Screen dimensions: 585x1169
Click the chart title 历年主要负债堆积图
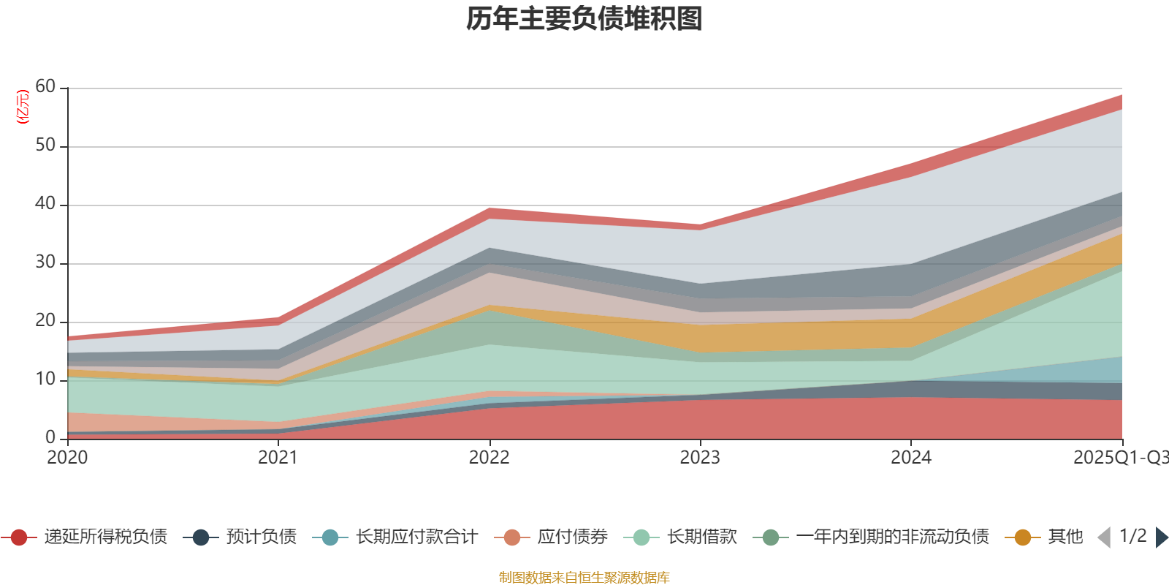pyautogui.click(x=584, y=19)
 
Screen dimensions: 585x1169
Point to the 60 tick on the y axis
pyautogui.click(x=45, y=87)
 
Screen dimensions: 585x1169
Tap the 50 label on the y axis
pyautogui.click(x=45, y=146)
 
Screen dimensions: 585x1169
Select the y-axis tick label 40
pyautogui.click(x=45, y=204)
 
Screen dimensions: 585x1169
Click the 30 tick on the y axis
pyautogui.click(x=45, y=263)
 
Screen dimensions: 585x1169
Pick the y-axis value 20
pyautogui.click(x=45, y=321)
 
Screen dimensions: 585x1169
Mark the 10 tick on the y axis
pyautogui.click(x=45, y=380)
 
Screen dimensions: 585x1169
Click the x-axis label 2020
pyautogui.click(x=67, y=458)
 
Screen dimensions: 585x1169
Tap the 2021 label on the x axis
pyautogui.click(x=278, y=458)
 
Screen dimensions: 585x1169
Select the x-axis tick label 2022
pyautogui.click(x=489, y=458)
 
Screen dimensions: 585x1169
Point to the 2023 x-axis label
pyautogui.click(x=700, y=458)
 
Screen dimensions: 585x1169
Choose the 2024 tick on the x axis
pyautogui.click(x=910, y=458)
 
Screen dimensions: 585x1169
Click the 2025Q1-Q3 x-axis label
pyautogui.click(x=1119, y=458)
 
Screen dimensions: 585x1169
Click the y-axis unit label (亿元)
pyautogui.click(x=23, y=107)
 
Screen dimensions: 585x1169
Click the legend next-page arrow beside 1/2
pyautogui.click(x=1161, y=537)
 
